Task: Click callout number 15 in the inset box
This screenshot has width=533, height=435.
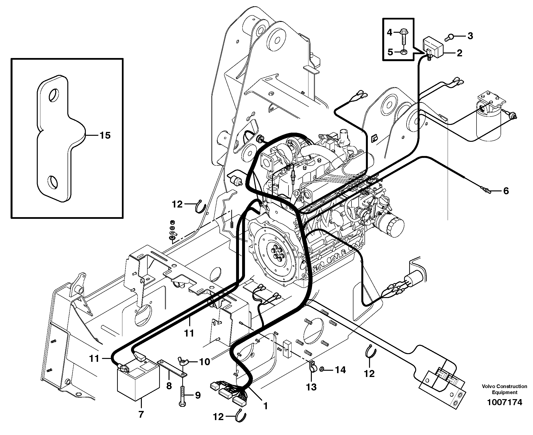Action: coord(105,136)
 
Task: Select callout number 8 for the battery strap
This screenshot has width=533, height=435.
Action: coord(169,386)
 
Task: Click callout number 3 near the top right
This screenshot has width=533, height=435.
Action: coord(470,36)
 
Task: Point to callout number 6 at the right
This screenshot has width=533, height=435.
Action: coord(506,191)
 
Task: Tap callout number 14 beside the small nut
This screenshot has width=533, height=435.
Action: coord(340,370)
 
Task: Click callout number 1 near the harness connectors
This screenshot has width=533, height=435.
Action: coord(266,406)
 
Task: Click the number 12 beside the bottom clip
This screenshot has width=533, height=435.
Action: coord(218,417)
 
